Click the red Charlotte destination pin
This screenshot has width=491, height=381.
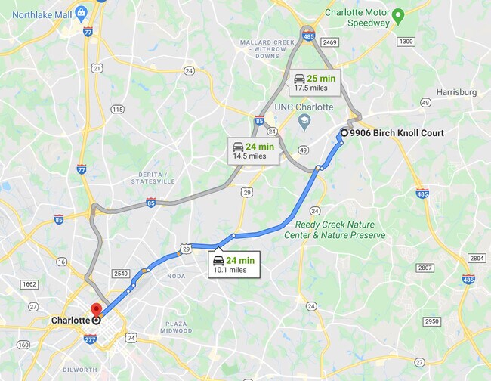click(x=96, y=311)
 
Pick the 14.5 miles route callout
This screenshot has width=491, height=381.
click(x=254, y=151)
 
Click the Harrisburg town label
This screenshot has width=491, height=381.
click(x=456, y=92)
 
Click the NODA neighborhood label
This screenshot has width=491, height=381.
click(x=176, y=277)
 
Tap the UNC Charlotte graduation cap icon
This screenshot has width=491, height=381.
click(x=304, y=121)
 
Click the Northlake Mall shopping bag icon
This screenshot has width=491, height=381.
click(x=82, y=14)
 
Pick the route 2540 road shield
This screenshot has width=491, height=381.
click(x=120, y=273)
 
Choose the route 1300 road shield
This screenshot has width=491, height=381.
click(x=405, y=41)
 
